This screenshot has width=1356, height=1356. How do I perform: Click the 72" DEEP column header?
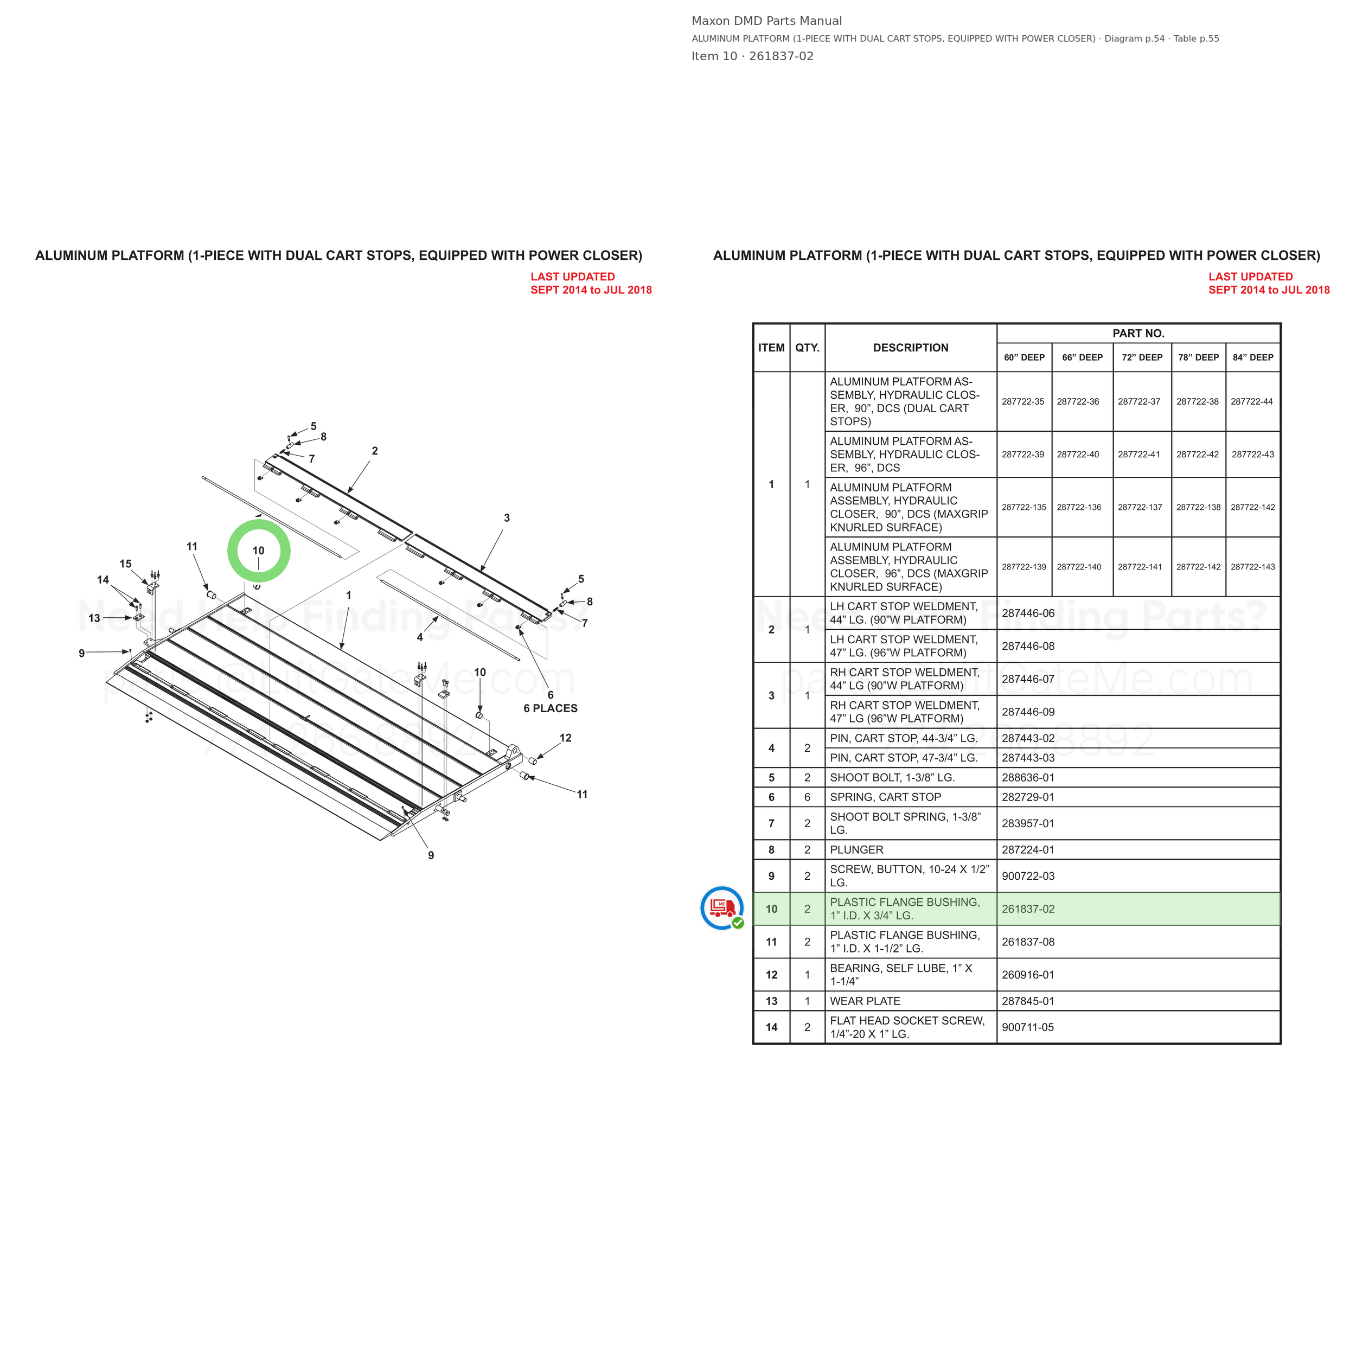[1141, 357]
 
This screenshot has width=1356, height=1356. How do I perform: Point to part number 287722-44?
[1251, 401]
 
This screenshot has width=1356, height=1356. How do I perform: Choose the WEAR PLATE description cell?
[865, 1001]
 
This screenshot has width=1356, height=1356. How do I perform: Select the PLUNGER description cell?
[856, 849]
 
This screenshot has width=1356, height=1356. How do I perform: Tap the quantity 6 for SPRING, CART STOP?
[807, 797]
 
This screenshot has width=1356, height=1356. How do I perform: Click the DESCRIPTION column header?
[910, 348]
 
